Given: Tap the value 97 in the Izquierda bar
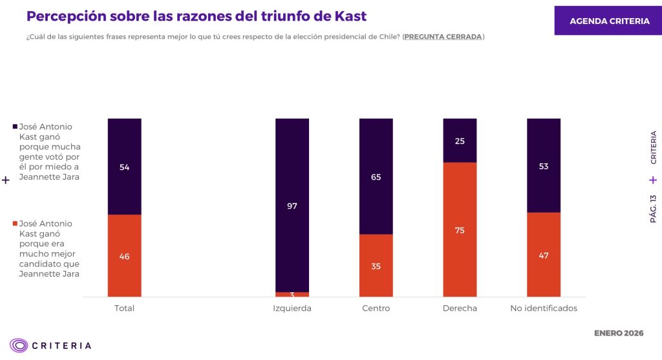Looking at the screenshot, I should pyautogui.click(x=292, y=206).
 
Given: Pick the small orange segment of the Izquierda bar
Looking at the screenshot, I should pyautogui.click(x=292, y=294).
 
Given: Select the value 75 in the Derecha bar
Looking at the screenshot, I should pyautogui.click(x=460, y=230).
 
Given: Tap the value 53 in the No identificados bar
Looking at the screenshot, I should pyautogui.click(x=544, y=167).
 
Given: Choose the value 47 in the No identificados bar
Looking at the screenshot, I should pyautogui.click(x=544, y=255).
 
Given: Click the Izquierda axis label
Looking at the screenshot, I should pyautogui.click(x=292, y=308).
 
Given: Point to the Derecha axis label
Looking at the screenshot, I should pyautogui.click(x=460, y=308).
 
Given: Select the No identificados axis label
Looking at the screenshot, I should pyautogui.click(x=544, y=308).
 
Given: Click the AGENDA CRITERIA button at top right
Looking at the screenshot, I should pyautogui.click(x=609, y=21).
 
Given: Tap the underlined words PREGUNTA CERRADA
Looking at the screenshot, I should pyautogui.click(x=443, y=37).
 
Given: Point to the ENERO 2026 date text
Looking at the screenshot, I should pyautogui.click(x=619, y=334).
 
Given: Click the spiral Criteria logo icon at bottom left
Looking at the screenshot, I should pyautogui.click(x=19, y=345).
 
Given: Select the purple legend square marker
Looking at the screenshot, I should pyautogui.click(x=16, y=127).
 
